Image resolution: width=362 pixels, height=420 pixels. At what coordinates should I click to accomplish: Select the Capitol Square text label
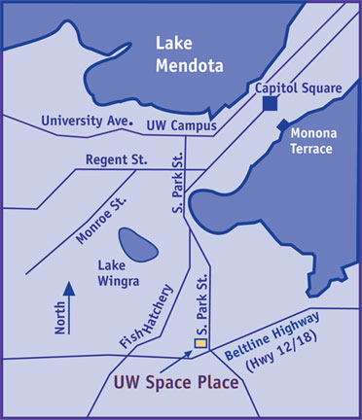tap(299, 88)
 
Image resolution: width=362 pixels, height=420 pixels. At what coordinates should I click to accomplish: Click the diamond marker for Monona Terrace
tap(281, 126)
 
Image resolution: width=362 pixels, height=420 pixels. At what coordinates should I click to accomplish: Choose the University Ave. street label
tap(86, 122)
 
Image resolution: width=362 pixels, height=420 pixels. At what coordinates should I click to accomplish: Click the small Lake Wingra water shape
tap(137, 244)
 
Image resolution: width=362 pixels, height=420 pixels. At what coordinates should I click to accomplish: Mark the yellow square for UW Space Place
tap(201, 343)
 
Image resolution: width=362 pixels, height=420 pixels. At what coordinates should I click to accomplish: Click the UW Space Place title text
tap(176, 383)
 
